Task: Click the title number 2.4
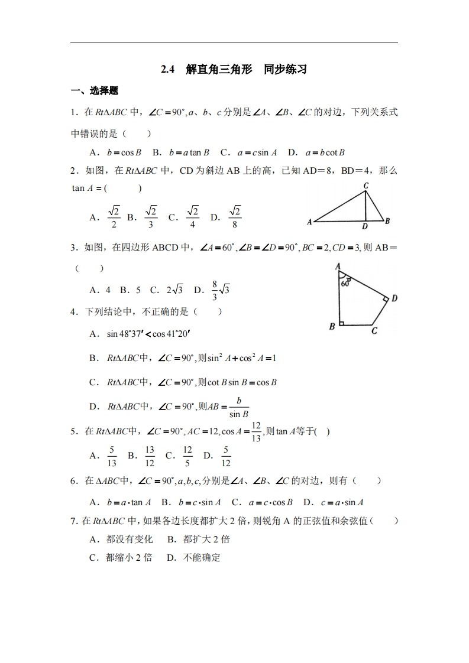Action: pyautogui.click(x=168, y=70)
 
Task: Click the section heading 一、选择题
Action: pyautogui.click(x=94, y=91)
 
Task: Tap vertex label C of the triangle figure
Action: pyautogui.click(x=366, y=186)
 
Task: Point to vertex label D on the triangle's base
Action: pyautogui.click(x=365, y=226)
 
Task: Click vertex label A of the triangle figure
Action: pyautogui.click(x=309, y=223)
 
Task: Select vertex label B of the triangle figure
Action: pyautogui.click(x=387, y=221)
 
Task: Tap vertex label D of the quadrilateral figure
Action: pyautogui.click(x=394, y=298)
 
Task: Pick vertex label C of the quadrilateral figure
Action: pyautogui.click(x=374, y=331)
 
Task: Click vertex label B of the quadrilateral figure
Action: pyautogui.click(x=332, y=326)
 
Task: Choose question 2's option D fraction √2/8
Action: pyautogui.click(x=235, y=217)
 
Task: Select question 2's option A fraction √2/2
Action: pyautogui.click(x=114, y=217)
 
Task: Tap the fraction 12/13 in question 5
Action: pyautogui.click(x=256, y=431)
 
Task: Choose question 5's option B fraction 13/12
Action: pyautogui.click(x=150, y=456)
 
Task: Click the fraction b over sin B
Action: pyautogui.click(x=238, y=407)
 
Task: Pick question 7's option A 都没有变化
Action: pyautogui.click(x=130, y=539)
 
